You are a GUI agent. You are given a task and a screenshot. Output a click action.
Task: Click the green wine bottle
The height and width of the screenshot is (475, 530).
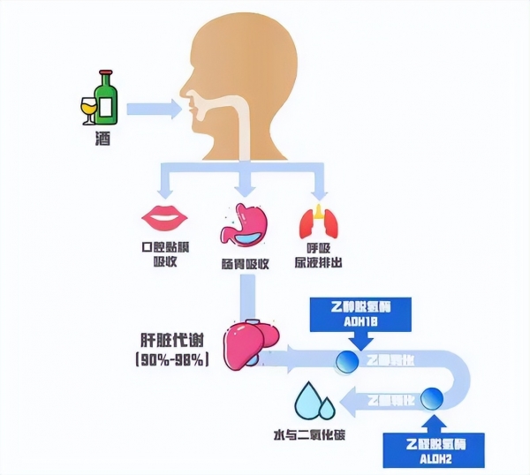106,98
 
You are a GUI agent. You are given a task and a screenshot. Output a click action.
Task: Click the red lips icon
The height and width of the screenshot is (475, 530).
160,215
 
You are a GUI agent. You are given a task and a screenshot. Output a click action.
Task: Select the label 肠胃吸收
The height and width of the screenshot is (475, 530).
245,264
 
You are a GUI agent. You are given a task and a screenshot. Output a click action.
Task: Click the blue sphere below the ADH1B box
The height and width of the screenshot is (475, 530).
345,359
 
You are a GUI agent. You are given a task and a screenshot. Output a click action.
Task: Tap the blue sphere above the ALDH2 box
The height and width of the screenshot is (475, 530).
433,399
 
